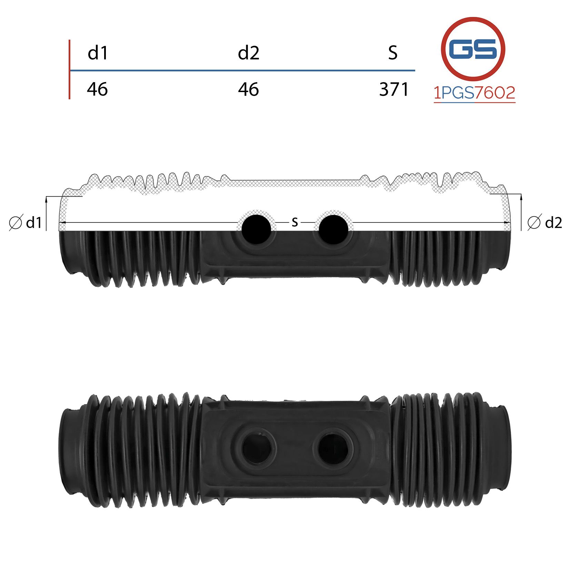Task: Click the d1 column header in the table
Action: click(98, 53)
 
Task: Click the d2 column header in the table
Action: click(248, 53)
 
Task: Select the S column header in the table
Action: click(393, 53)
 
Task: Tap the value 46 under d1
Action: click(97, 89)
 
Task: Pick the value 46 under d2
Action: click(248, 89)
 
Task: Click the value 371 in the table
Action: click(394, 89)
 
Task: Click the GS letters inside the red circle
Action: click(473, 49)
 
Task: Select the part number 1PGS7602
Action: click(475, 93)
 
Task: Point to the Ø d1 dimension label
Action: click(25, 223)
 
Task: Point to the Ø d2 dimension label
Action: click(545, 222)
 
